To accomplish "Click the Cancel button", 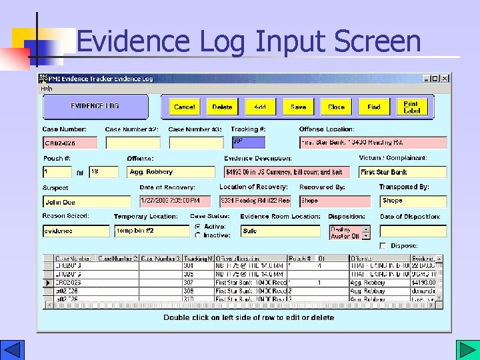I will (184, 107).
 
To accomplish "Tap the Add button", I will (260, 107).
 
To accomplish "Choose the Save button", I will (298, 107).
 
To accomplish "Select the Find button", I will (374, 107).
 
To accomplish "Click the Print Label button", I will (411, 107).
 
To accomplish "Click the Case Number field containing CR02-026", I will (70, 143).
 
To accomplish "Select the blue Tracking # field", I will (248, 142).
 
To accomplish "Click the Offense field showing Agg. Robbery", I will (171, 172).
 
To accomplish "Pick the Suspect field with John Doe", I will (87, 201).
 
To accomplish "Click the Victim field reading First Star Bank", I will (402, 172).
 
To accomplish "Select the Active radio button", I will (197, 227).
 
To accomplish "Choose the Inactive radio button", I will (197, 235).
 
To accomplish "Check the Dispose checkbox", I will (383, 246).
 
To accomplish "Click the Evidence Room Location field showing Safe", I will (280, 231).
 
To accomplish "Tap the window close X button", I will (445, 79).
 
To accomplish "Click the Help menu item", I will (46, 88).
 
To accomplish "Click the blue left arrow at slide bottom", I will (13, 350).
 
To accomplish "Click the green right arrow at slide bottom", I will (465, 350).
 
